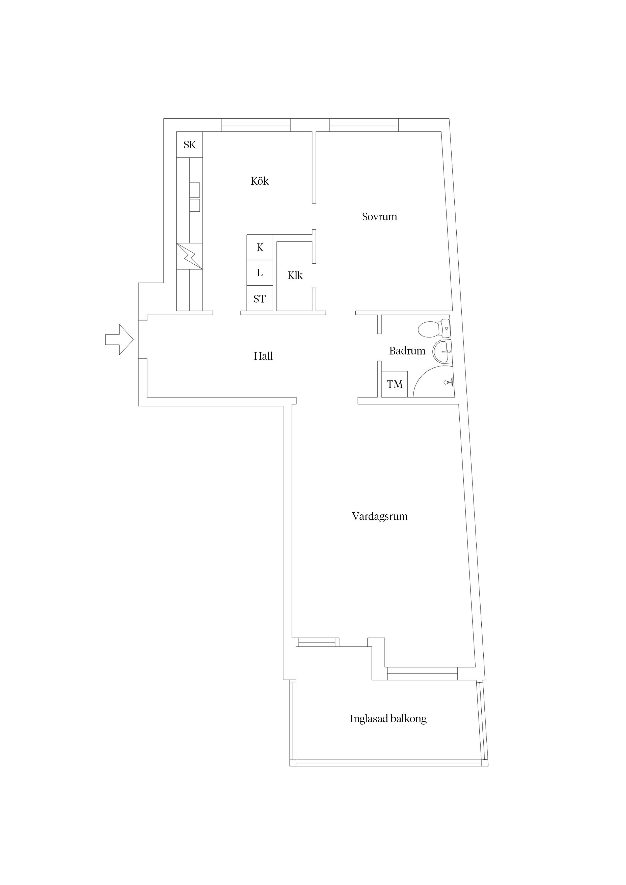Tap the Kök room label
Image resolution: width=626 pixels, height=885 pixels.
tap(259, 181)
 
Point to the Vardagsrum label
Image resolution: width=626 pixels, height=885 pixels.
tap(380, 516)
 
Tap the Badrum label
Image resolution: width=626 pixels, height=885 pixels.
tap(407, 351)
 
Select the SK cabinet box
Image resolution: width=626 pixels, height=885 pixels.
tap(189, 145)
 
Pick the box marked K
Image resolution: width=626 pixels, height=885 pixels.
tap(259, 247)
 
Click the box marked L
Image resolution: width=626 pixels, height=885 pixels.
tap(259, 273)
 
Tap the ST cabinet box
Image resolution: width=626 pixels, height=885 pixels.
tap(259, 299)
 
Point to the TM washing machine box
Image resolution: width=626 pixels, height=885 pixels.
tap(394, 384)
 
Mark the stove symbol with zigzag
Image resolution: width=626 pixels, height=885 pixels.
tap(189, 256)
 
